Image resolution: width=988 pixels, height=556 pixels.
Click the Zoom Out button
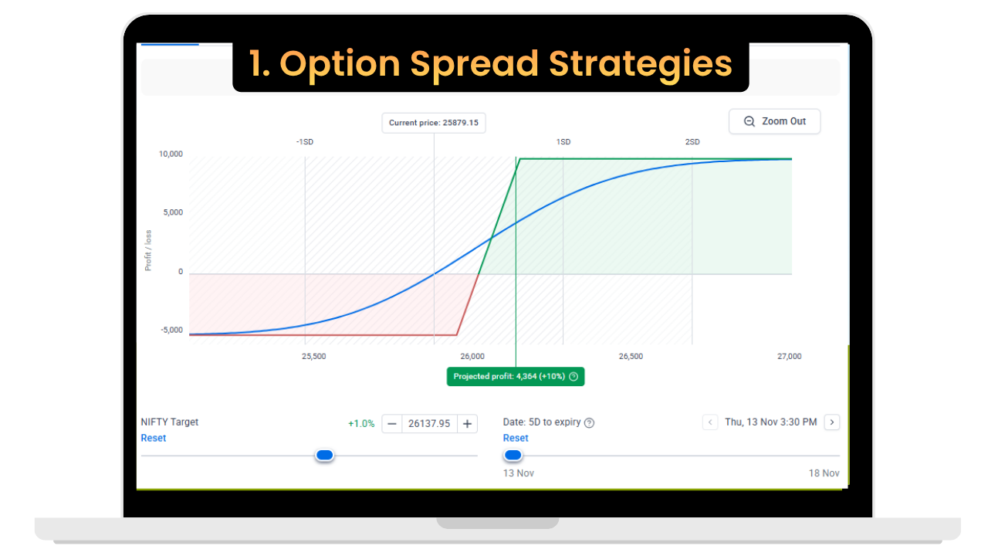pyautogui.click(x=774, y=121)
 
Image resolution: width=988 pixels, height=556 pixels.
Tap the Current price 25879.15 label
pyautogui.click(x=433, y=123)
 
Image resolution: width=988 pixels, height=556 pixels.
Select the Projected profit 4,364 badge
pyautogui.click(x=515, y=376)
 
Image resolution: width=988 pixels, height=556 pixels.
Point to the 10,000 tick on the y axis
pyautogui.click(x=171, y=154)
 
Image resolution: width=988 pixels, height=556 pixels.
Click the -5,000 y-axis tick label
pyautogui.click(x=171, y=330)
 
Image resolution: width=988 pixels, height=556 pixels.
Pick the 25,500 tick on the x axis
pyautogui.click(x=313, y=356)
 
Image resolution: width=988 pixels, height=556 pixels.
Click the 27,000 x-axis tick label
pyautogui.click(x=789, y=356)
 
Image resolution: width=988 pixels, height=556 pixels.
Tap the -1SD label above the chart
pyautogui.click(x=304, y=142)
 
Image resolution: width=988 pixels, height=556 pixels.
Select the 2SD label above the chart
pyautogui.click(x=692, y=142)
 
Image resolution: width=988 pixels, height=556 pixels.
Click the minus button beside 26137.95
pyautogui.click(x=392, y=423)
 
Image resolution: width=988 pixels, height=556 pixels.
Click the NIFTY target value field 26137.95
pyautogui.click(x=429, y=423)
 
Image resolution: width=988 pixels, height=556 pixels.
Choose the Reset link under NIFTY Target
pyautogui.click(x=153, y=438)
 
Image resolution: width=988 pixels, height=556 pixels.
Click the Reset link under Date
pyautogui.click(x=516, y=438)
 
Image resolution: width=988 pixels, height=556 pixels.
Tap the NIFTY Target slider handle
pyautogui.click(x=325, y=456)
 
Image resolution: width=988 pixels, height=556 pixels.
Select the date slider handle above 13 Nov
pyautogui.click(x=513, y=456)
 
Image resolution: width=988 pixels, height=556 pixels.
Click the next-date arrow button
pyautogui.click(x=831, y=422)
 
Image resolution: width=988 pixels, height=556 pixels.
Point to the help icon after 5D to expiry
pyautogui.click(x=590, y=422)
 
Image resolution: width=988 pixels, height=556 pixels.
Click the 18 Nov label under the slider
pyautogui.click(x=824, y=473)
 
